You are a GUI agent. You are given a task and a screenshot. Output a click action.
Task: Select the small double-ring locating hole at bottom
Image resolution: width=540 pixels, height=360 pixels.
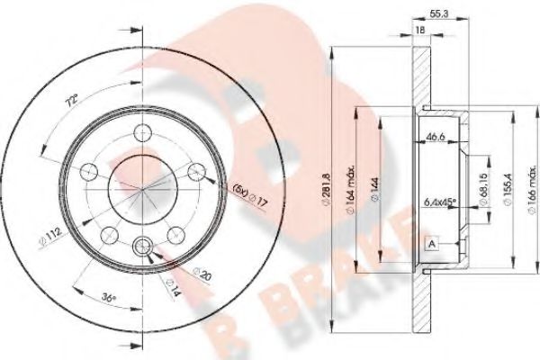coord(142,247)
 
